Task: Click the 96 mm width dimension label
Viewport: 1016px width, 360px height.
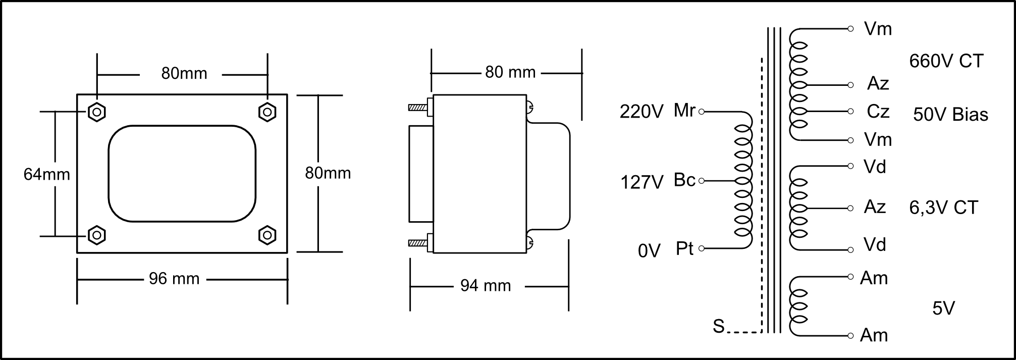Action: click(x=174, y=279)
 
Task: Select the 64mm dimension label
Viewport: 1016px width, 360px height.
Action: click(x=47, y=174)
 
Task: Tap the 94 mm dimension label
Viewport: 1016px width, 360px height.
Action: click(x=486, y=286)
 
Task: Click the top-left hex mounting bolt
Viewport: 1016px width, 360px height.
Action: click(x=96, y=112)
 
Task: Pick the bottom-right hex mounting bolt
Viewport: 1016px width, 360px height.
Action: click(x=267, y=235)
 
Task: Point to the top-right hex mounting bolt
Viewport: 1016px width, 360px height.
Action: click(x=267, y=112)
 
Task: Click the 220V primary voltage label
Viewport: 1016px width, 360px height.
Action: click(x=641, y=112)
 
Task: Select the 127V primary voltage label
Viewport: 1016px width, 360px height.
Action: click(x=641, y=182)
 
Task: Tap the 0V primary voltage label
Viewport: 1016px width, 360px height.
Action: click(x=649, y=251)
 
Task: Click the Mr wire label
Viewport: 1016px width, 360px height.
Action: click(x=684, y=110)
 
